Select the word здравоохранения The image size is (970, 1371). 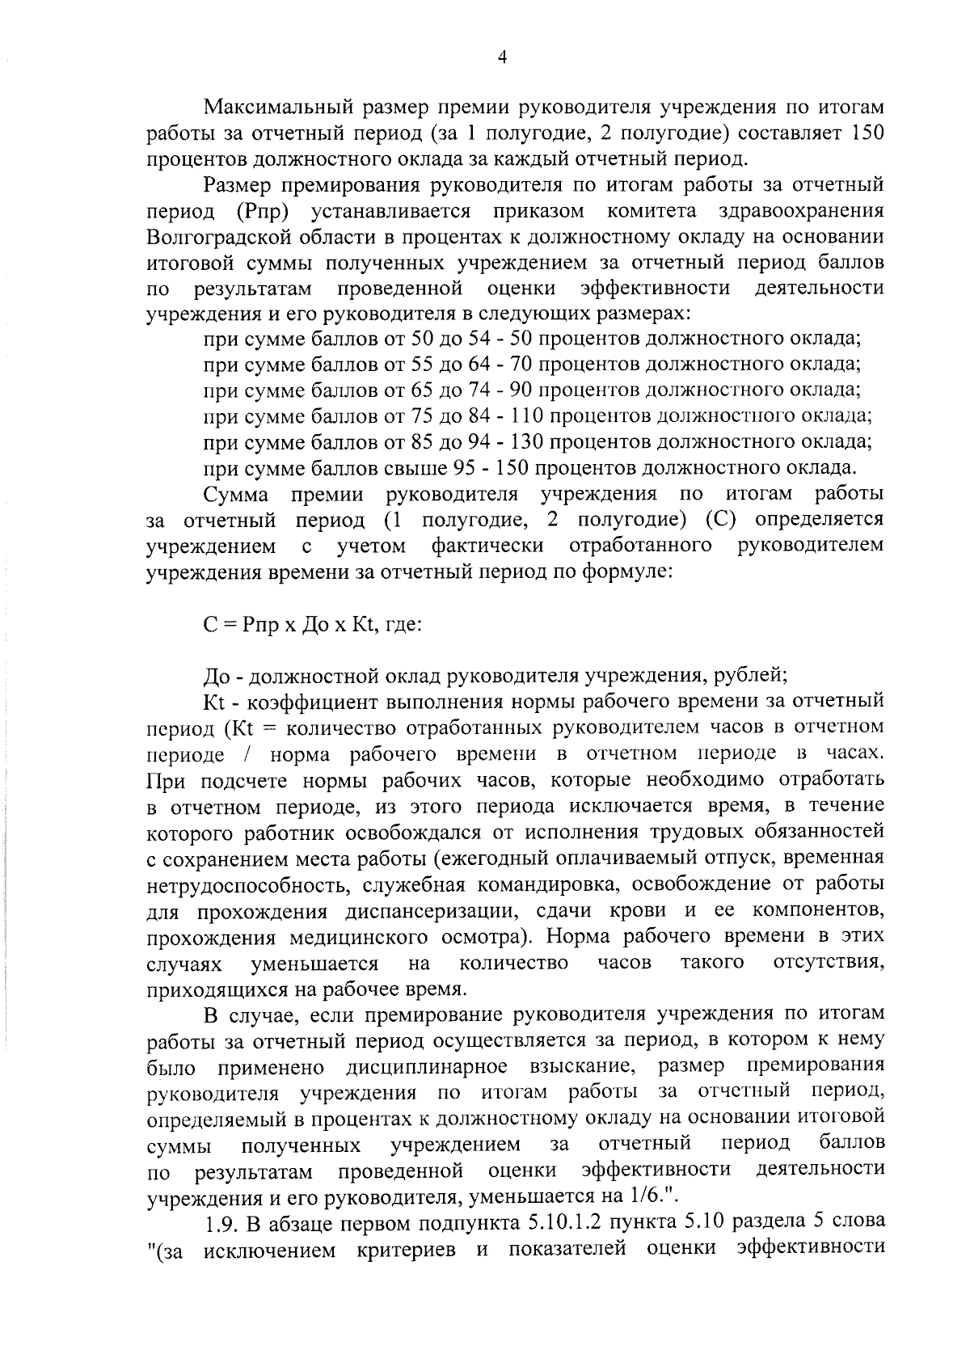[800, 211]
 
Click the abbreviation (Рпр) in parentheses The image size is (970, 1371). [264, 212]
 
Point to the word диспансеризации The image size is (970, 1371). [420, 911]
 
